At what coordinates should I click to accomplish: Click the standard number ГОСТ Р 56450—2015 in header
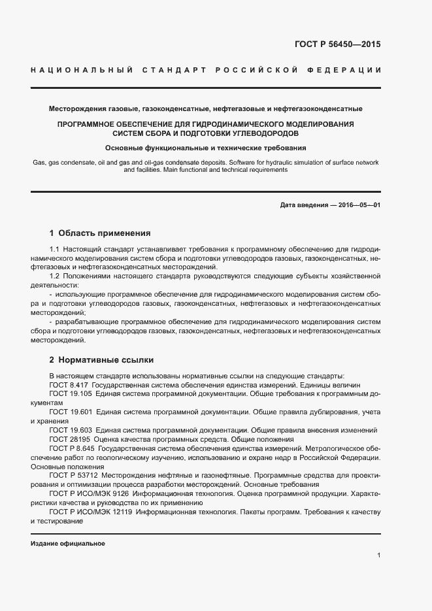pos(337,45)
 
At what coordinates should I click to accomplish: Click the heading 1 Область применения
pos(100,232)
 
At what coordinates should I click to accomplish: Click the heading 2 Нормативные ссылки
pos(101,360)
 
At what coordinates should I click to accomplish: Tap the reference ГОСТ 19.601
pos(70,412)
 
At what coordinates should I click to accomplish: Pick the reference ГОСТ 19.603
pos(70,431)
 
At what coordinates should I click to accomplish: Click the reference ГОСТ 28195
pos(69,440)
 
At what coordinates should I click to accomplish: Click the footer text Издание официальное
pos(68,544)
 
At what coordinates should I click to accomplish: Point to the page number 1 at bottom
pos(378,555)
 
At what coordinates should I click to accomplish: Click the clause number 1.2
pos(55,276)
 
